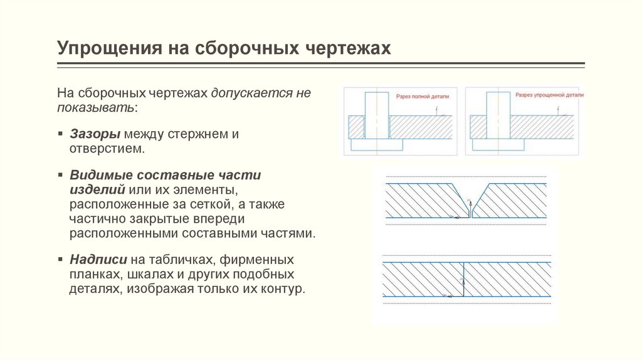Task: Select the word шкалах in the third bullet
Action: click(147, 274)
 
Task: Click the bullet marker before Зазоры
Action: click(60, 134)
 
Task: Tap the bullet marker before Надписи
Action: click(60, 259)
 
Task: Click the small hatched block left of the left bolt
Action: click(355, 127)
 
